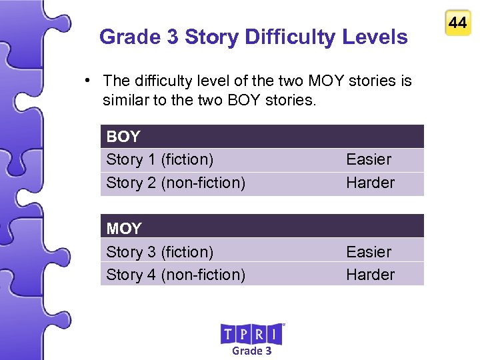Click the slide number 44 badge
point(457,23)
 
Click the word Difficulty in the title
point(291,37)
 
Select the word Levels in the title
point(376,37)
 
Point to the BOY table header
point(123,137)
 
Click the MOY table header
point(124,229)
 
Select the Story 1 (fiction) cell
point(160,159)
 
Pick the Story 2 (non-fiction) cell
point(175,183)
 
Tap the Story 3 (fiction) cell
point(160,252)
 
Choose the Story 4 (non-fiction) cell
point(175,275)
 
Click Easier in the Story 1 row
point(369,159)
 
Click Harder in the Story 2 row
point(370,183)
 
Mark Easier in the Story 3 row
point(369,252)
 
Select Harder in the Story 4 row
point(370,275)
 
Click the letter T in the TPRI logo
point(228,333)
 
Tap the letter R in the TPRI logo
point(261,333)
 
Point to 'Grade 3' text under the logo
point(251,351)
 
